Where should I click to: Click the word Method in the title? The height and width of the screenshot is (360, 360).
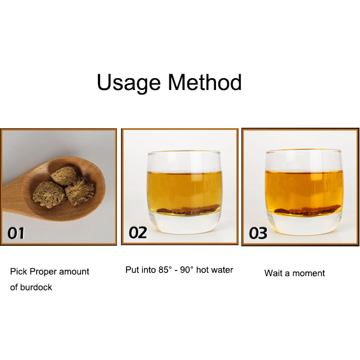tap(205, 82)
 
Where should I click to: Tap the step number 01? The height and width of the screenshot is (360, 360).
tap(16, 232)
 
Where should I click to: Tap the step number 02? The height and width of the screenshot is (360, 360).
tap(138, 232)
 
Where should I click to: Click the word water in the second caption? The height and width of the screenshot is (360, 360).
tap(222, 270)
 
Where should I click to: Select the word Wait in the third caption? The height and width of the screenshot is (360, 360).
tap(273, 273)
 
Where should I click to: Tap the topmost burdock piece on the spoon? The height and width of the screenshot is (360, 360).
tap(64, 174)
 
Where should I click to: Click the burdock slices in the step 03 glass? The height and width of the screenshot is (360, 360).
tap(304, 211)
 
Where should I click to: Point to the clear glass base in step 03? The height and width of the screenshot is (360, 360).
tap(304, 225)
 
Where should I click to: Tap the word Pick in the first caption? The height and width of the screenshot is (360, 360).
tap(18, 272)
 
